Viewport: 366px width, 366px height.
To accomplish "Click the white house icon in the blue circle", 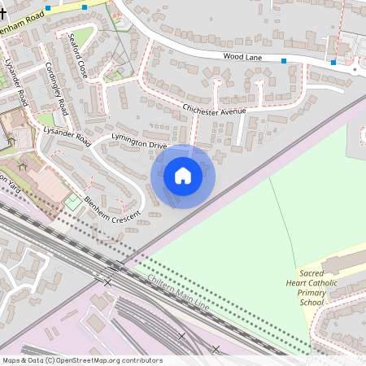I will pos(183,176).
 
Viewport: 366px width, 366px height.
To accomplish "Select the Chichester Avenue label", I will pos(214,110).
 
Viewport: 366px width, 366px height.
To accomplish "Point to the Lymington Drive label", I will pos(139,139).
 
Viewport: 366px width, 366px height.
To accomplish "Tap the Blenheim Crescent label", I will pos(111,207).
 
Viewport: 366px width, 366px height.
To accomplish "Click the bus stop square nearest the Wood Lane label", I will pos(283,61).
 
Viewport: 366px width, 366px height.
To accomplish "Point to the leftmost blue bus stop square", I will pos(48,8).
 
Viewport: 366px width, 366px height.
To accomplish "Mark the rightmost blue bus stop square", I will pos(333,63).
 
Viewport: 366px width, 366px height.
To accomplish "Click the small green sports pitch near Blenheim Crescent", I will pos(73,199).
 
